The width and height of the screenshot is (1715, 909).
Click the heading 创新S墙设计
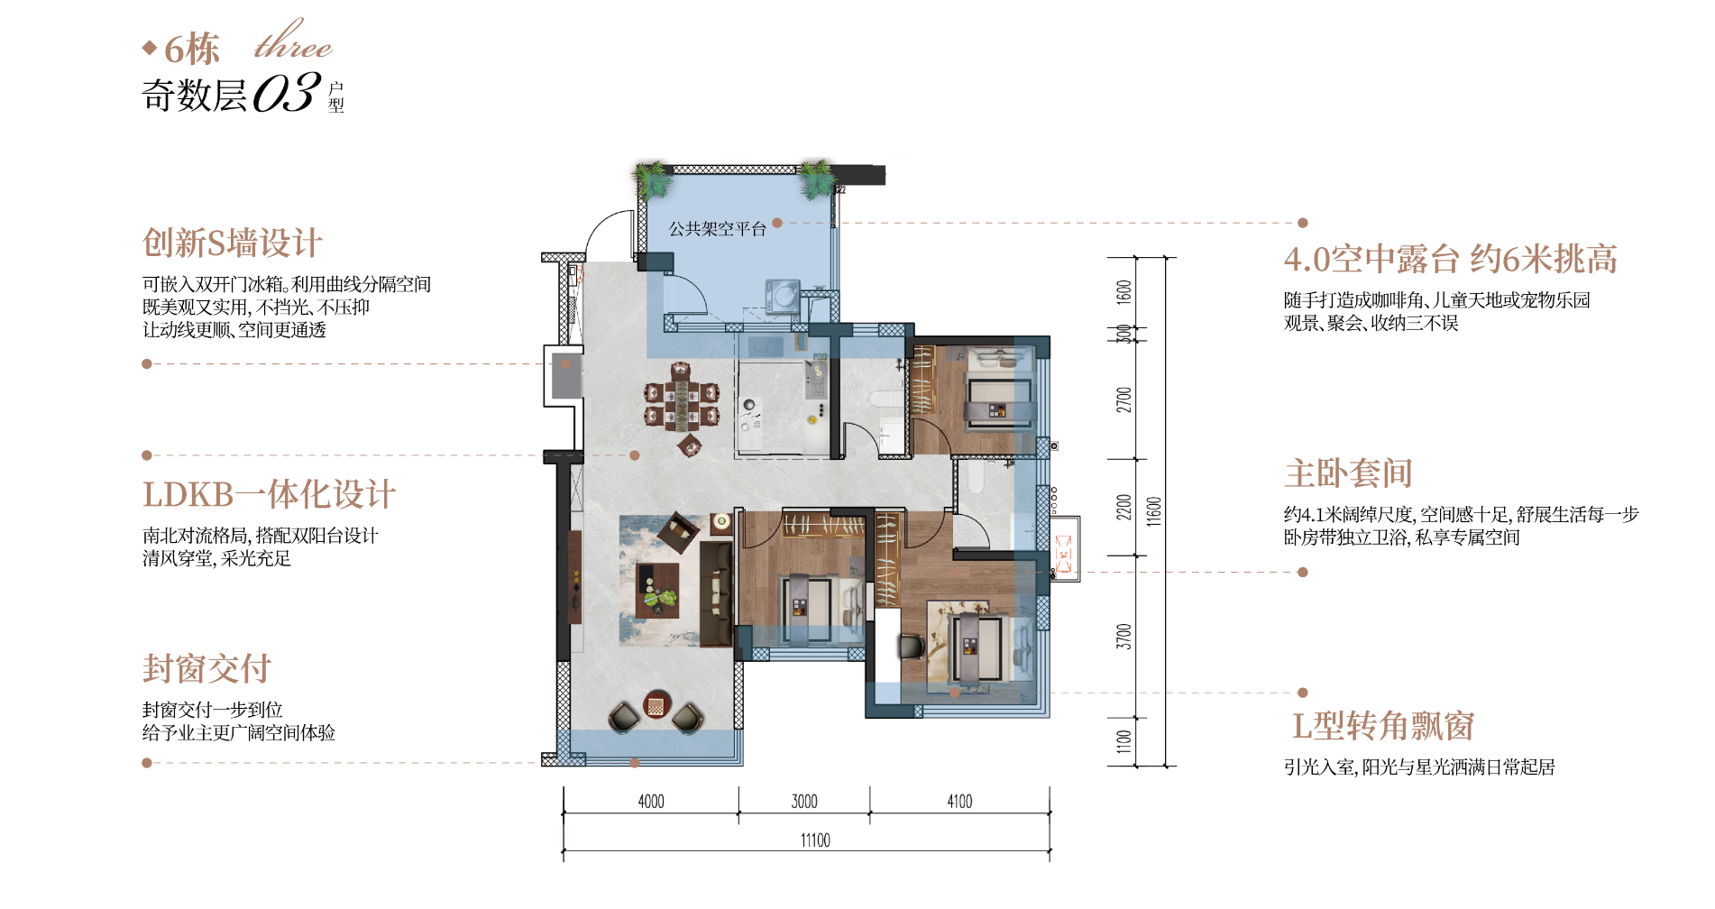[232, 243]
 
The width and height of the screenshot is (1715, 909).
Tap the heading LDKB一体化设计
[269, 494]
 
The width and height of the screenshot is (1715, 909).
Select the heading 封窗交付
[206, 668]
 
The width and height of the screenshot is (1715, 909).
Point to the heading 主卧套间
[1348, 473]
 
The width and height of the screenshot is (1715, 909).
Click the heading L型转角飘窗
[1383, 725]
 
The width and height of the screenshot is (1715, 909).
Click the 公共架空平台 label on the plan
[717, 229]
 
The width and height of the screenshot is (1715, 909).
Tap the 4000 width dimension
[651, 801]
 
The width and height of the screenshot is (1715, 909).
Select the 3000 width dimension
[804, 801]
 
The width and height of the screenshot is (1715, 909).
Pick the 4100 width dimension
[959, 801]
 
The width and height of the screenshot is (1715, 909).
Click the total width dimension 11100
[815, 840]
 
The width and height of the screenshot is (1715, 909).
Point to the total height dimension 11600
[1154, 511]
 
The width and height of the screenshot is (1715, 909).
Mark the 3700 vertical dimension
[1123, 636]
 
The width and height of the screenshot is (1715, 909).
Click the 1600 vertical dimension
[1123, 292]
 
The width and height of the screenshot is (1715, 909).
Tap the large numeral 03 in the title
[287, 92]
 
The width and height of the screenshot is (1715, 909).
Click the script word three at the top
[293, 41]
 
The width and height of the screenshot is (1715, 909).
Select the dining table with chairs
[681, 404]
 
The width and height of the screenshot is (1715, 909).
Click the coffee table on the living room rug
[657, 591]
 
